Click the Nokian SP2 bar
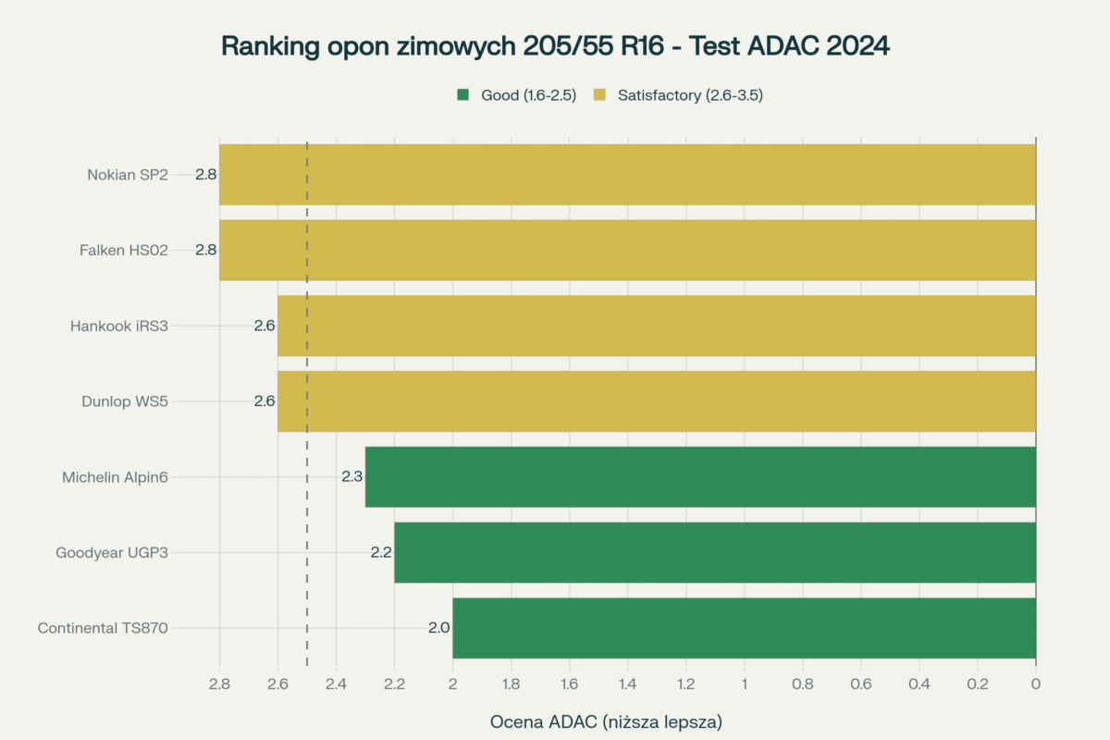pyautogui.click(x=627, y=174)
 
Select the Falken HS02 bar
pyautogui.click(x=627, y=250)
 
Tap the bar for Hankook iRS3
pyautogui.click(x=657, y=326)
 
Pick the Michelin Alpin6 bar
pyautogui.click(x=700, y=477)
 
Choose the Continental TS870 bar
pyautogui.click(x=744, y=628)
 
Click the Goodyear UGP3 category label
pyautogui.click(x=112, y=553)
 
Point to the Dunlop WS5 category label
pyautogui.click(x=125, y=401)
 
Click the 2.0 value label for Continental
pyautogui.click(x=438, y=628)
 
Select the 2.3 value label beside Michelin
pyautogui.click(x=351, y=477)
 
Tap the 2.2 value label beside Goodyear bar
pyautogui.click(x=381, y=553)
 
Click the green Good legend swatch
pyautogui.click(x=463, y=94)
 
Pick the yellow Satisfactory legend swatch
pyautogui.click(x=599, y=94)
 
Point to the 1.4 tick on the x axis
pyautogui.click(x=628, y=684)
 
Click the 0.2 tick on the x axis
pyautogui.click(x=978, y=684)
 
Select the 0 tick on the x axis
pyautogui.click(x=1036, y=684)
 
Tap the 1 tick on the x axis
pyautogui.click(x=745, y=684)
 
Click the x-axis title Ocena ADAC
pyautogui.click(x=606, y=721)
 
